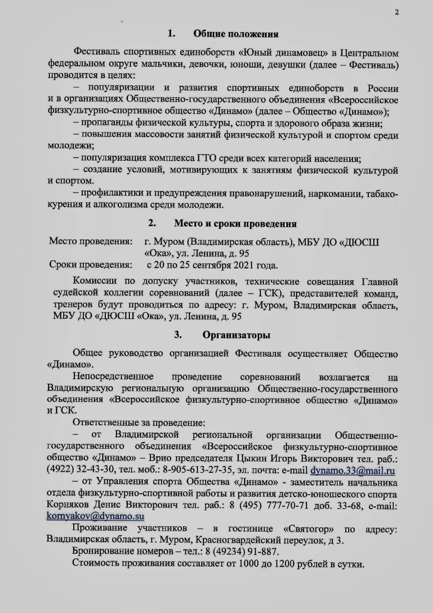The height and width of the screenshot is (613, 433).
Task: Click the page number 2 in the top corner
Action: (397, 13)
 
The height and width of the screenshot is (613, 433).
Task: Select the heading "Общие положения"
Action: (236, 34)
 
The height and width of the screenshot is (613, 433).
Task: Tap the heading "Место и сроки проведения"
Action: (235, 224)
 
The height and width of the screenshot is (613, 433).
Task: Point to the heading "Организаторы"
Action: (236, 335)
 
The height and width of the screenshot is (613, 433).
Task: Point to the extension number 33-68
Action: (340, 504)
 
